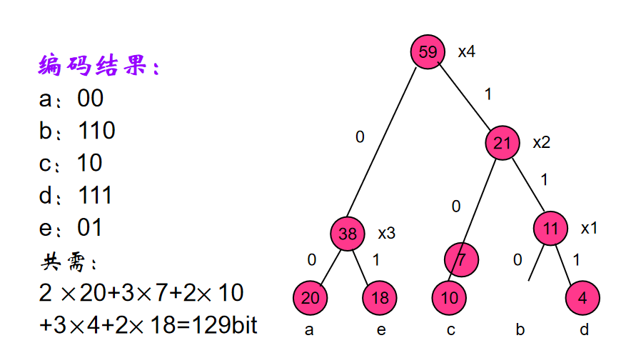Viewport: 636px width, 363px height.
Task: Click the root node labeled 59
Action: pos(428,52)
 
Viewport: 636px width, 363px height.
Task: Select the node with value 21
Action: pos(503,143)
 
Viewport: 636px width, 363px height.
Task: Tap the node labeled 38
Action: pos(348,233)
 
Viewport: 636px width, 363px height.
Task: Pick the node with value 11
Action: pos(550,228)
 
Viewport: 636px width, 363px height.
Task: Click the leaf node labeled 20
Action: pos(310,297)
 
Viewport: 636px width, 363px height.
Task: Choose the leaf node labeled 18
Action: pos(380,297)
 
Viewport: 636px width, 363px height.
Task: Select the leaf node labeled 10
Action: pos(449,297)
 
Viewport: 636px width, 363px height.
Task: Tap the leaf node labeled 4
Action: pos(582,297)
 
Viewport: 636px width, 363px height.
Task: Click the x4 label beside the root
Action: pos(467,52)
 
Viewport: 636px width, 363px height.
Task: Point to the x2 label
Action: pos(542,142)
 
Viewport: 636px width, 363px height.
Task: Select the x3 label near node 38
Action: pos(386,233)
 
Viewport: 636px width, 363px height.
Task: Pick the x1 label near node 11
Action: pos(589,228)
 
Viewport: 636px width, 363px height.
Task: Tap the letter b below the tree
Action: pos(520,330)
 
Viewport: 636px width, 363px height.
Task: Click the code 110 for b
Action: pos(96,131)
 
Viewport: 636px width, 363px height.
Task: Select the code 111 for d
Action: pos(95,195)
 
